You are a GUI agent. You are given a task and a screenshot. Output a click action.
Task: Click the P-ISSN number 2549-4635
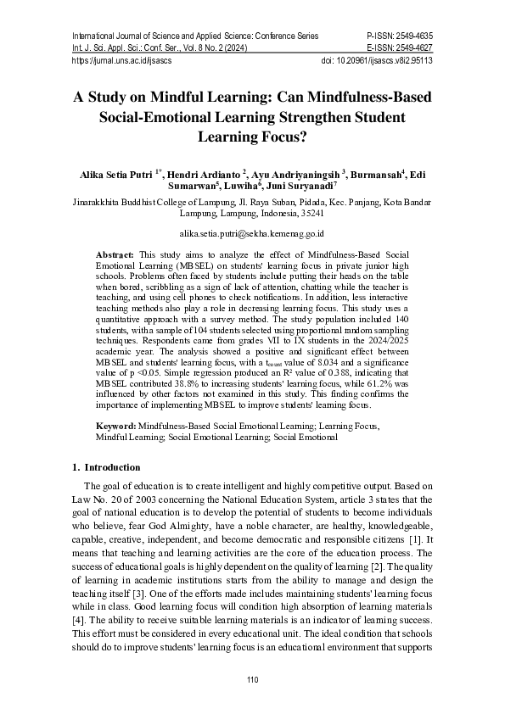click(411, 36)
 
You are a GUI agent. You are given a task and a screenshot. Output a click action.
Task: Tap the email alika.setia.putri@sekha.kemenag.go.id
click(252, 231)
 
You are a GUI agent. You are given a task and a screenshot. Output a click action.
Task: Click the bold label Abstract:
click(115, 254)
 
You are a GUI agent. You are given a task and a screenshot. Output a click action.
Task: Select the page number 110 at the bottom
click(252, 681)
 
